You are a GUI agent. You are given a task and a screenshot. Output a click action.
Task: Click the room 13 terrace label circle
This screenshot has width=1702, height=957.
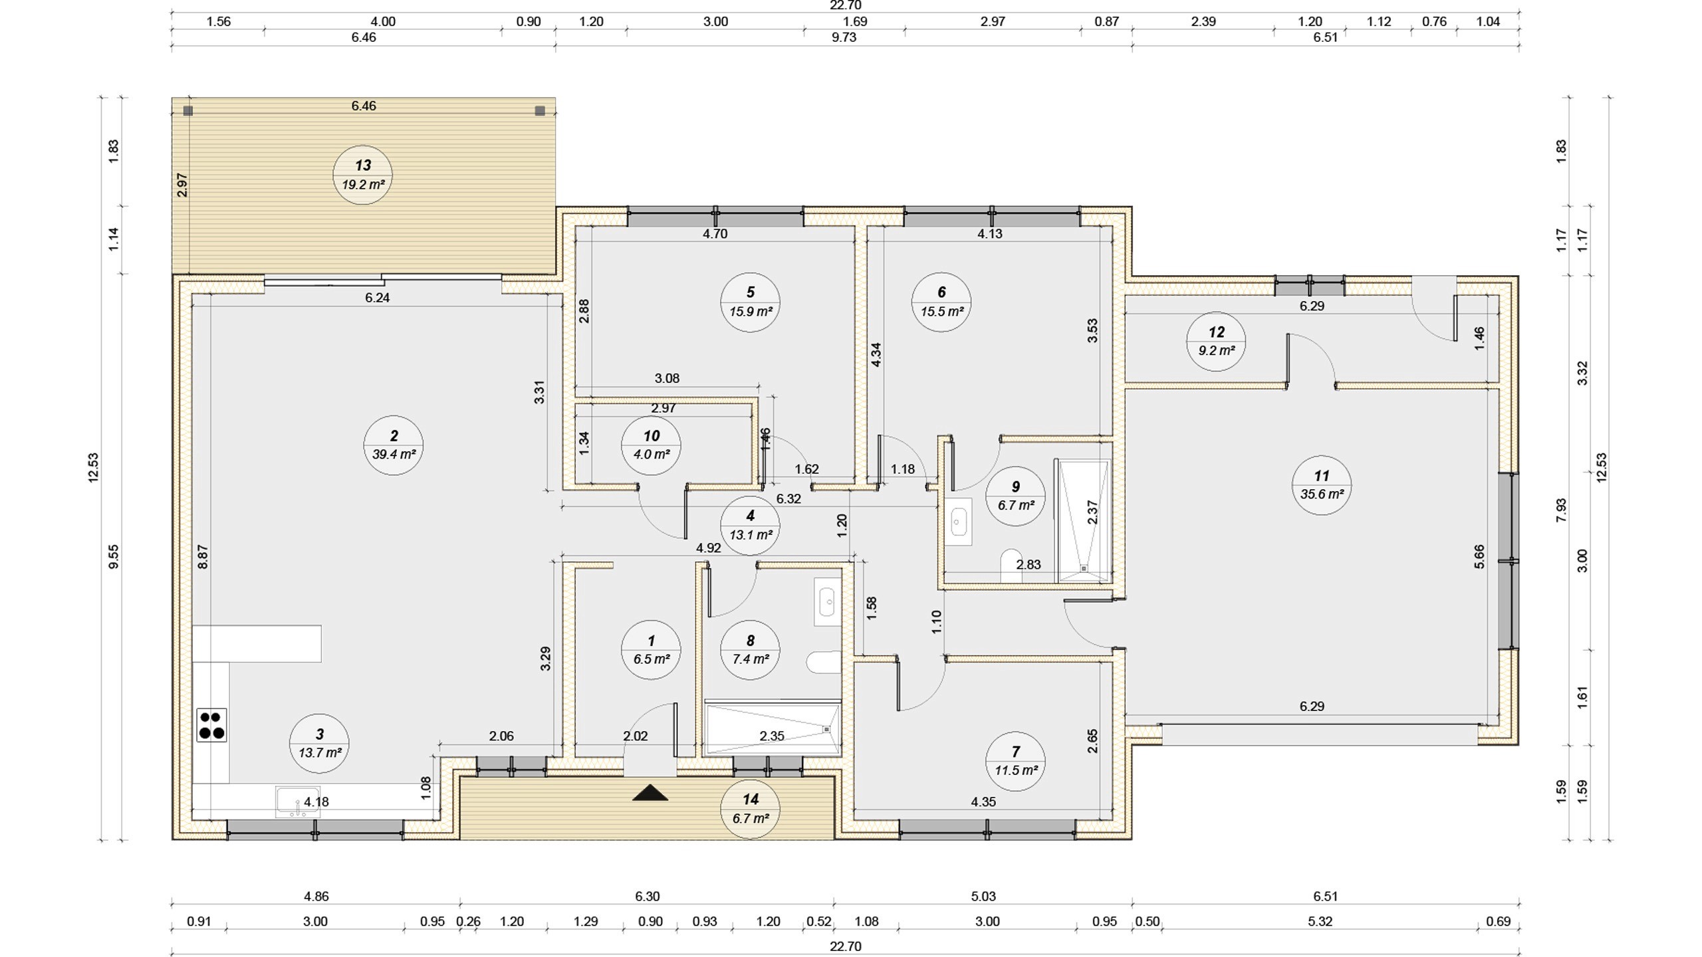coord(362,175)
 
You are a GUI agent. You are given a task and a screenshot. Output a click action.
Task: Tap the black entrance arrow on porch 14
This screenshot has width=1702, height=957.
coord(650,792)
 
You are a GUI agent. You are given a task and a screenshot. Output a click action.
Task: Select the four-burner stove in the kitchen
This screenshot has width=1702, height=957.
coord(211,725)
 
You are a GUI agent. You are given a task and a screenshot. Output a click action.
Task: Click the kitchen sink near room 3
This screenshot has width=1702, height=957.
coord(297,801)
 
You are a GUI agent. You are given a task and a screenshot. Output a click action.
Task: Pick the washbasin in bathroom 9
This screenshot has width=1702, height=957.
coord(958,522)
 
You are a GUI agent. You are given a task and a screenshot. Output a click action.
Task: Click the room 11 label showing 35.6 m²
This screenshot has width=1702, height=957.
coord(1321,485)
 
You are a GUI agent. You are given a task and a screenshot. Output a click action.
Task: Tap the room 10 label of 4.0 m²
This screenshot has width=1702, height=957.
coord(651,445)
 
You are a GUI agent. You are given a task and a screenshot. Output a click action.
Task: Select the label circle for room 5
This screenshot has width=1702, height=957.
coord(751,302)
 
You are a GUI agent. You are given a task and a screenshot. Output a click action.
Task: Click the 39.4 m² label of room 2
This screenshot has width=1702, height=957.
coord(394,445)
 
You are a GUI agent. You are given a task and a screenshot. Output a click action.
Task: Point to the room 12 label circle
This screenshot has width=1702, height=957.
coord(1216,342)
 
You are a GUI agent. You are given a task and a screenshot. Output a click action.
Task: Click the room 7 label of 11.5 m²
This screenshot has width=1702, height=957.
coord(1015,762)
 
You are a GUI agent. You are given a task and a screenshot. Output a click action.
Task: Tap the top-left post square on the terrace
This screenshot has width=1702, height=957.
coord(188,111)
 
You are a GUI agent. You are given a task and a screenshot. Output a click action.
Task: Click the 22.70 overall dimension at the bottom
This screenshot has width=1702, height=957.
coord(845,946)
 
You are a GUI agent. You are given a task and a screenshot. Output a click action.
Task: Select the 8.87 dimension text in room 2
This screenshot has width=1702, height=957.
coord(203,557)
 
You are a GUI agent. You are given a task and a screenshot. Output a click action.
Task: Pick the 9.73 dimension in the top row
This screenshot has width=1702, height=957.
coord(844,37)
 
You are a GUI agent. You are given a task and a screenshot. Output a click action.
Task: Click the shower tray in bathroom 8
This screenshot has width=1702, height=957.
coord(773,730)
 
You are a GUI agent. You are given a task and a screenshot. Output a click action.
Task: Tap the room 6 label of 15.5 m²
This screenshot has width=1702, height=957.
coord(941,302)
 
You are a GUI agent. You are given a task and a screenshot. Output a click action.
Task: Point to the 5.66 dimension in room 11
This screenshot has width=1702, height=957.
coord(1479,557)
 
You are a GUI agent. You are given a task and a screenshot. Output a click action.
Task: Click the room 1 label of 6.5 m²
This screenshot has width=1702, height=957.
coord(651,650)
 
